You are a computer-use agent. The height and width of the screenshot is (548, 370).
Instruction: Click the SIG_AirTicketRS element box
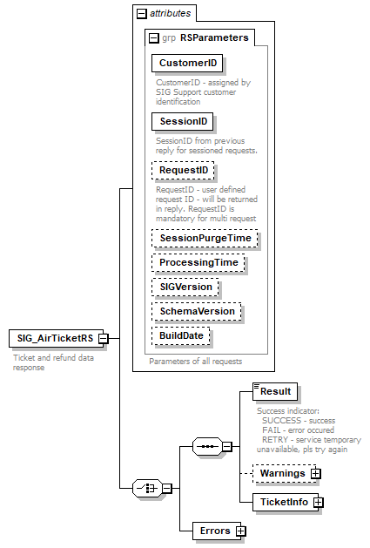(x=52, y=338)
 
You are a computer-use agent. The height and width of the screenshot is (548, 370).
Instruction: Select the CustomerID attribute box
(x=187, y=64)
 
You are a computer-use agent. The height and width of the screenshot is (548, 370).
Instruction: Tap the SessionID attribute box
(x=182, y=121)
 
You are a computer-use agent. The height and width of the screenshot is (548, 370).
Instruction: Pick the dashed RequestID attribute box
(x=183, y=171)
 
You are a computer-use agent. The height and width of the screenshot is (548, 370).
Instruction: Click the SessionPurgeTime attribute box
(x=205, y=238)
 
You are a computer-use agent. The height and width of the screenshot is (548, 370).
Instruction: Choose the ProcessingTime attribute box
(x=198, y=262)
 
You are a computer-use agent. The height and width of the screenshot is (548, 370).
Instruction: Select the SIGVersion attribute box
(x=185, y=287)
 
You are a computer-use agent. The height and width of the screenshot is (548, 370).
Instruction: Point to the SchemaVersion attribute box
(x=197, y=311)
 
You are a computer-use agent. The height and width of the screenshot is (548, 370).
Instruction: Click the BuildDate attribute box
(x=182, y=335)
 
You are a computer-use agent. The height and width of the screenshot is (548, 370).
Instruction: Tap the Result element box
(x=274, y=391)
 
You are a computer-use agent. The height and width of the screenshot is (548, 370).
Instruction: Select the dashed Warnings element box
(x=279, y=473)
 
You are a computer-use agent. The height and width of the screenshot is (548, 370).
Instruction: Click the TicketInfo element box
(x=281, y=503)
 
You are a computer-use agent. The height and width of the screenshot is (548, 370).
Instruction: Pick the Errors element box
(x=215, y=530)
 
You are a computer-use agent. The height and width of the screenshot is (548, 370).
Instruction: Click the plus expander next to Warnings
(x=316, y=473)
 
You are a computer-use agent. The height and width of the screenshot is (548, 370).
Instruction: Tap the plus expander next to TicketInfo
(x=319, y=503)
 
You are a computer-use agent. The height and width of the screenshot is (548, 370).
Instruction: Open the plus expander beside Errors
(x=241, y=531)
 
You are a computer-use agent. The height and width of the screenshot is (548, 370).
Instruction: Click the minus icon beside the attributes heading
(x=140, y=13)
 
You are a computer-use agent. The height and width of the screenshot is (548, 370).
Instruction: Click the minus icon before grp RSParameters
(x=154, y=37)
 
